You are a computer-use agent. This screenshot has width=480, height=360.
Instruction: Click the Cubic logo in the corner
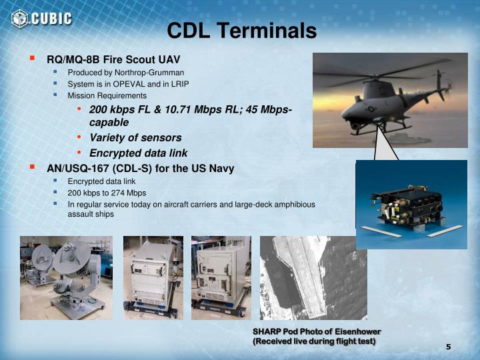click(41, 18)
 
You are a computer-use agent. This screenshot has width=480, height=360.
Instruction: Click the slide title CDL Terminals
click(241, 31)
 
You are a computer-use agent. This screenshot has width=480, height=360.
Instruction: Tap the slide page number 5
click(448, 346)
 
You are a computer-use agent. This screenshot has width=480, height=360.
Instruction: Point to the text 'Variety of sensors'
click(135, 137)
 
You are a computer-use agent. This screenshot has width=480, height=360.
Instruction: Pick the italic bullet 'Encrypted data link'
click(138, 153)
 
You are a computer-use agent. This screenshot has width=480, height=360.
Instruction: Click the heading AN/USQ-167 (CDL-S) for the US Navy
click(140, 168)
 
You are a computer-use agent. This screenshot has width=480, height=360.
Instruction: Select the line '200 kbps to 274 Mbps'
click(107, 193)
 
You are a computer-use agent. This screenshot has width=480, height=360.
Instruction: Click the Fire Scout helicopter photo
click(383, 100)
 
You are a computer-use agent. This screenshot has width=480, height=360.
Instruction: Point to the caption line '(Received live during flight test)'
click(313, 341)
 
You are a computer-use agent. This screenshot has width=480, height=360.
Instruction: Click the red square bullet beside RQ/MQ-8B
click(31, 58)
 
